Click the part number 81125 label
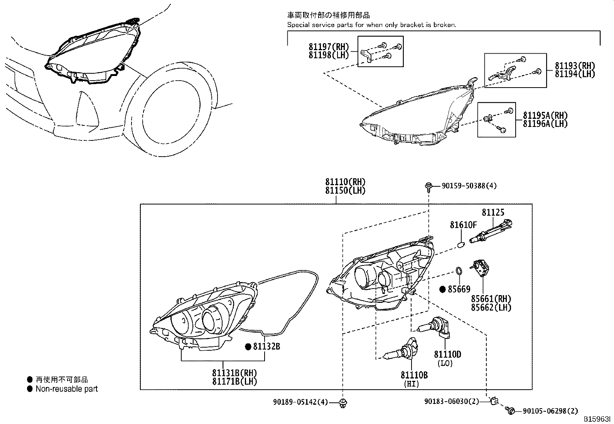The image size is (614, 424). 493,213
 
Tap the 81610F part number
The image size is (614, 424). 463,225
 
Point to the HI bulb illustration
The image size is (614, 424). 401,351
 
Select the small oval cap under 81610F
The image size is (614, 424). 461,244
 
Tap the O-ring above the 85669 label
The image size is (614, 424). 458,271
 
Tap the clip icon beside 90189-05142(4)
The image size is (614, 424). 342,402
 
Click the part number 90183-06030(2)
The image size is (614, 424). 451,402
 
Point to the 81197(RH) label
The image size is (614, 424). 329,47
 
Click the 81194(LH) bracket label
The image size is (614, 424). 575,74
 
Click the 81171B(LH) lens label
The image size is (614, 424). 234,381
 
